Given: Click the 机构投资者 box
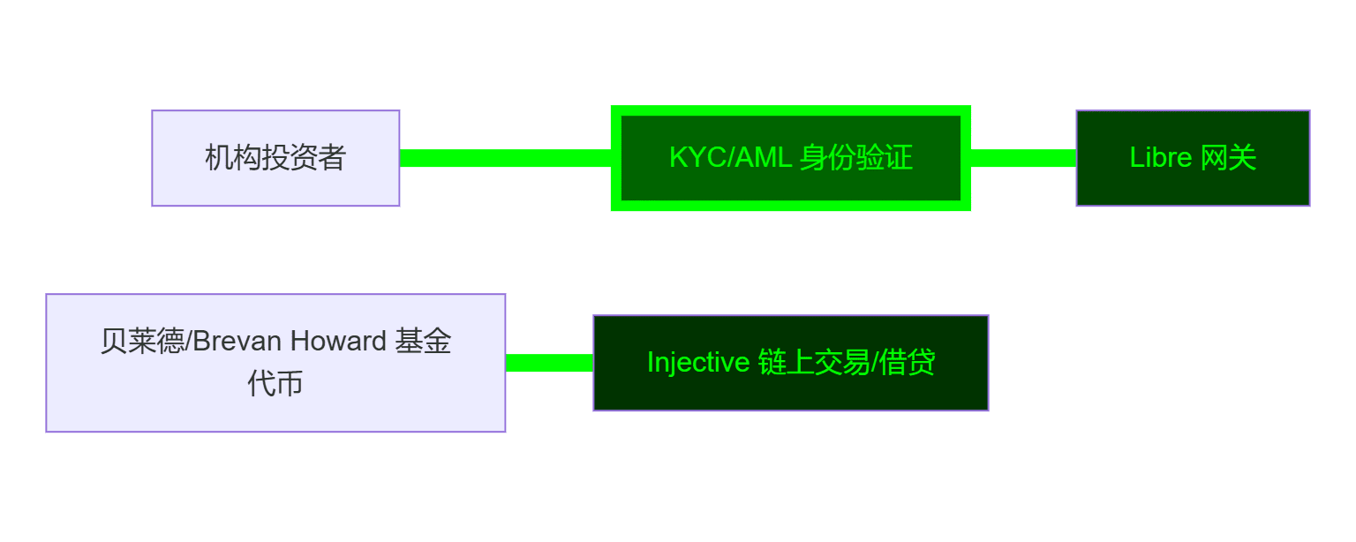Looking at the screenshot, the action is [x=275, y=158].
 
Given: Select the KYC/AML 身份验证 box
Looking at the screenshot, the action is [x=791, y=158].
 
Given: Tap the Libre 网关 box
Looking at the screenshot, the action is [x=1193, y=158].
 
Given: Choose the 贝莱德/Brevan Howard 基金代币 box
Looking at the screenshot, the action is [x=275, y=363].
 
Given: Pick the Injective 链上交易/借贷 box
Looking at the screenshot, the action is [x=791, y=363].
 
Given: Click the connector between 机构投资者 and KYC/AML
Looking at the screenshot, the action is [x=505, y=158].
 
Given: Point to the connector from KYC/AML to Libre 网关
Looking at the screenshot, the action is [x=1023, y=158].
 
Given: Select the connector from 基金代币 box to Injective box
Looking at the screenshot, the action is [x=549, y=363].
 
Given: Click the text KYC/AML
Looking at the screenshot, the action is [x=730, y=158].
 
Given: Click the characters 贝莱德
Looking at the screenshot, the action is [x=129, y=342].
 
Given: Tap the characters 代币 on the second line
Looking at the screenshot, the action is [x=275, y=385].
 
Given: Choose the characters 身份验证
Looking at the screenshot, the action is [x=856, y=158].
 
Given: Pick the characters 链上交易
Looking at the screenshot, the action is [x=813, y=363].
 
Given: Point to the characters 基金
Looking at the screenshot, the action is [x=423, y=342].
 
